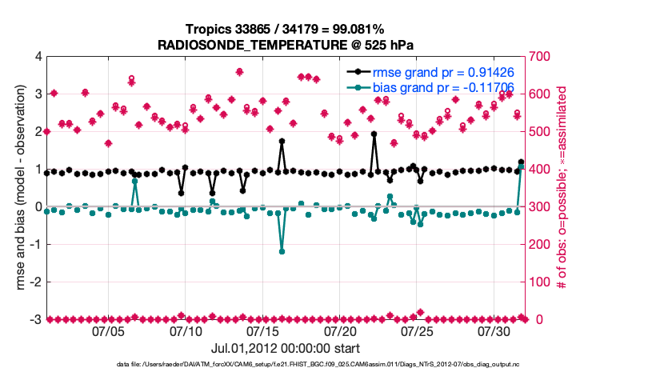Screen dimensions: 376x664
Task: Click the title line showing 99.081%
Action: click(x=286, y=29)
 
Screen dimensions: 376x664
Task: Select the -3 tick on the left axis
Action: click(x=34, y=320)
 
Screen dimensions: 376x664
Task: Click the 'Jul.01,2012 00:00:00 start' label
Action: click(x=286, y=349)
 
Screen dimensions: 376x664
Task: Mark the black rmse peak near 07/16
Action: click(x=282, y=141)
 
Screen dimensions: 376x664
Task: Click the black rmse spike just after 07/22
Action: click(x=374, y=134)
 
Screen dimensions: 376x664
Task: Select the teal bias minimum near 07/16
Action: click(x=282, y=251)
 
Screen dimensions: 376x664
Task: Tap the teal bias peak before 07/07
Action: click(x=134, y=182)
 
